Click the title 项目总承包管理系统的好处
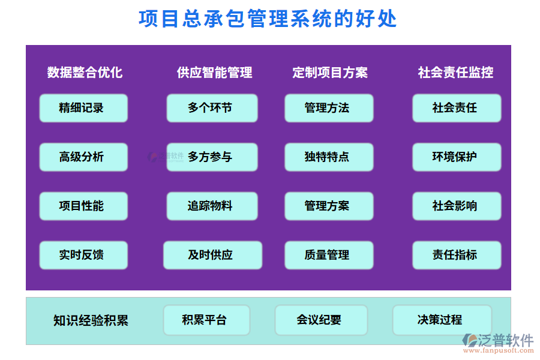tap(268, 19)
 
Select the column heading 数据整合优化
tap(85, 73)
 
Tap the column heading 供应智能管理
tap(214, 73)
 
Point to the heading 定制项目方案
tap(330, 73)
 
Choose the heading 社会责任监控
tap(455, 73)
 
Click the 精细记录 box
tap(83, 108)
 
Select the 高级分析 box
tap(83, 157)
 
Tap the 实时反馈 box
tap(83, 255)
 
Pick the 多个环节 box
tap(212, 108)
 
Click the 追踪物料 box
tap(212, 206)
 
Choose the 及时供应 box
tap(212, 255)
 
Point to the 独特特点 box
tap(329, 157)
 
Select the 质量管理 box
tap(329, 255)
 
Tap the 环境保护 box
tap(457, 157)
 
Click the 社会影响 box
tap(457, 206)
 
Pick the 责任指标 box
tap(457, 255)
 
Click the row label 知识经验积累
tap(91, 320)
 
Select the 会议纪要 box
tap(321, 320)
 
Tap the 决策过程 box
tap(442, 320)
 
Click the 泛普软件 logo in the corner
tap(498, 343)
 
